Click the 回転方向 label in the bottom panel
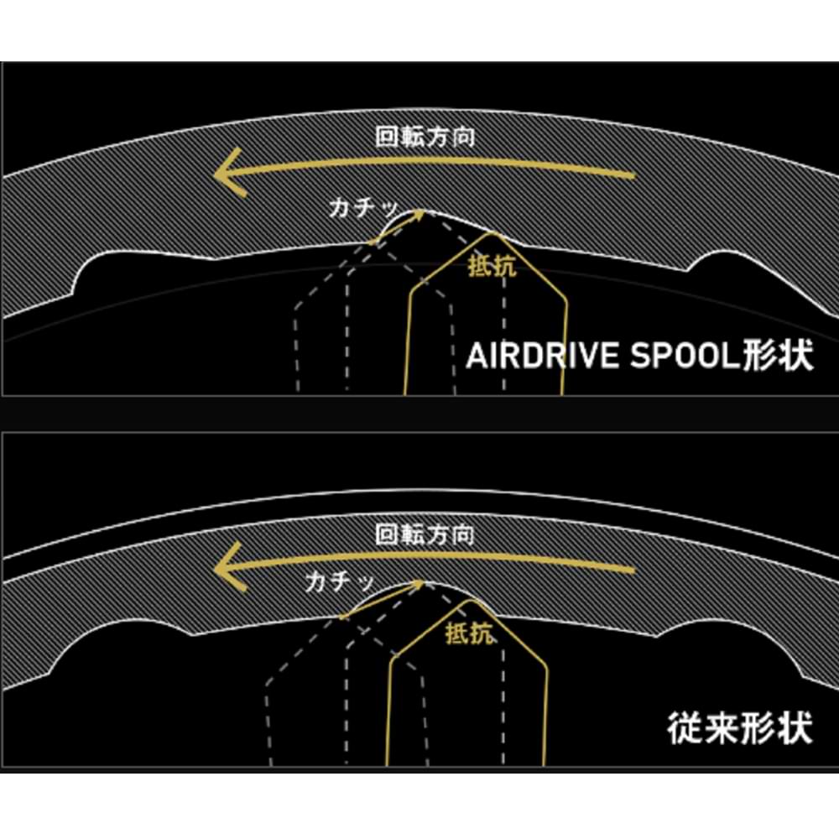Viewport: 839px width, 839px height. point(425,533)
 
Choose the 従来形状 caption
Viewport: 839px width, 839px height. point(740,728)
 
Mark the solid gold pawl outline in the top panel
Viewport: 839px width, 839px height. point(564,336)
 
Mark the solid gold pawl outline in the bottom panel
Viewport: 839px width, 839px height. point(547,705)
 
